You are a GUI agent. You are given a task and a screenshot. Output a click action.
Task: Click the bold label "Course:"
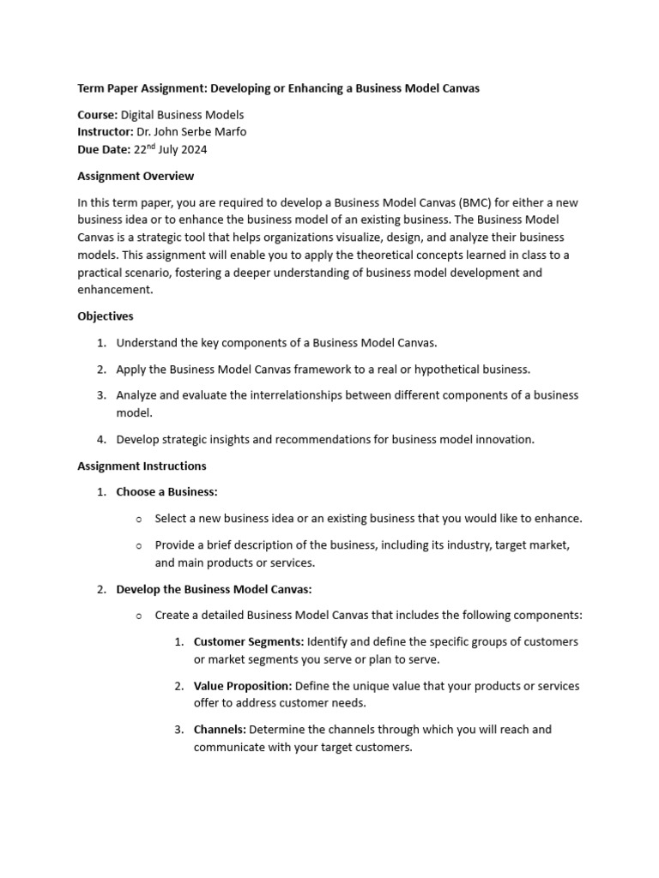pos(97,114)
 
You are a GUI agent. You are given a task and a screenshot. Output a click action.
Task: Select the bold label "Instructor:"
pos(106,132)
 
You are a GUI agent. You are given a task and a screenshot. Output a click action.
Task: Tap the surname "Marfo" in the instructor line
pos(235,132)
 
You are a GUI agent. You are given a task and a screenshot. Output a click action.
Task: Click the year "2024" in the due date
pos(193,150)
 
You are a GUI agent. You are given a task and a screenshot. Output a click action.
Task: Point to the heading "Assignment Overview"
pos(136,176)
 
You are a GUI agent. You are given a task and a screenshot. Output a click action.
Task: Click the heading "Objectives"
pos(106,316)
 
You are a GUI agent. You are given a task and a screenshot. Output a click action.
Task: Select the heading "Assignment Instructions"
pos(142,466)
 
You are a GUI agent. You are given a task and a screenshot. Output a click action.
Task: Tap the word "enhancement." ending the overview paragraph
pos(115,291)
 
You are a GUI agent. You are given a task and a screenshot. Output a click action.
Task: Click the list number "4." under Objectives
pos(101,440)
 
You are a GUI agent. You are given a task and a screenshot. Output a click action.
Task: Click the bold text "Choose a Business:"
pos(166,492)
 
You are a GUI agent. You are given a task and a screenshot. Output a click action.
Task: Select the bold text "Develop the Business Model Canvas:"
pos(214,589)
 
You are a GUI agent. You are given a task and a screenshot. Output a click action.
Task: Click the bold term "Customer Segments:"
pos(248,642)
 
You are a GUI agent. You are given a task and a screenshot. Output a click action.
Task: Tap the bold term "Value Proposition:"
pos(243,686)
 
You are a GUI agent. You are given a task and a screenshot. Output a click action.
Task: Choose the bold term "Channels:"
pos(220,730)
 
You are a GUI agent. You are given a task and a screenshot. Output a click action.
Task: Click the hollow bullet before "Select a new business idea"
pos(139,519)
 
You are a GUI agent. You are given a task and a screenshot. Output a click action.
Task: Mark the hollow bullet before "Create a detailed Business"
pos(139,616)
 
